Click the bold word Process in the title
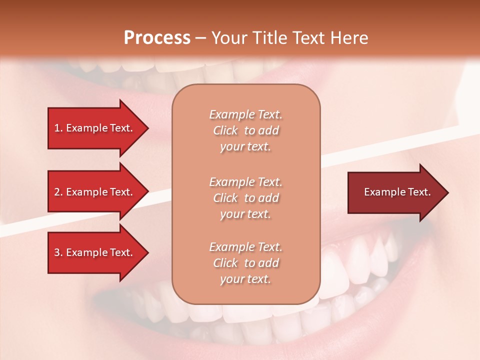(x=157, y=38)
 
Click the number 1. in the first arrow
(x=58, y=128)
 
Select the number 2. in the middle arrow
(x=58, y=192)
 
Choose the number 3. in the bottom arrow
(x=58, y=252)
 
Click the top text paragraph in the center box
(x=245, y=130)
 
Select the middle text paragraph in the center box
(x=245, y=198)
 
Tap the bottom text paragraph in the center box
(x=245, y=263)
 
